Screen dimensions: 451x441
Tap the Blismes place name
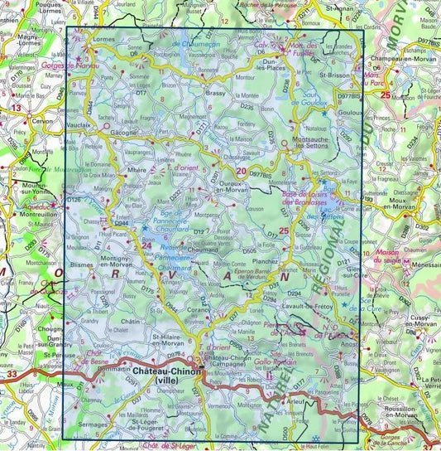82,264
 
